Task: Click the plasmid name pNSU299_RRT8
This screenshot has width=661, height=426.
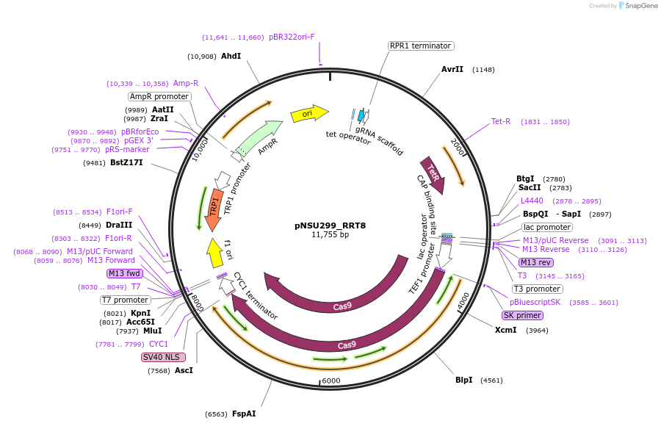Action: (x=330, y=225)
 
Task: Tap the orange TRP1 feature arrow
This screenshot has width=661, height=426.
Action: (x=214, y=202)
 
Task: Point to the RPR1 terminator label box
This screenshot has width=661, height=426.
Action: (x=420, y=46)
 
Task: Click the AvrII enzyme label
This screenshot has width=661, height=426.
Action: (x=452, y=70)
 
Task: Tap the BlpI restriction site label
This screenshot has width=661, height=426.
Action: (x=463, y=380)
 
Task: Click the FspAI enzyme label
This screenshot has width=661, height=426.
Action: (x=244, y=414)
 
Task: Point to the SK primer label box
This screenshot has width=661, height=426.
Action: (x=521, y=315)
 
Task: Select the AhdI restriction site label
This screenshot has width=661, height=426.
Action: (x=231, y=56)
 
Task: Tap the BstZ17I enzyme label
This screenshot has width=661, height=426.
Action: (x=126, y=163)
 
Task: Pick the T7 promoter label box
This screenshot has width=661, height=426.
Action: (x=126, y=300)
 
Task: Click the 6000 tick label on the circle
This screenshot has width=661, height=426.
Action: (x=331, y=380)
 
